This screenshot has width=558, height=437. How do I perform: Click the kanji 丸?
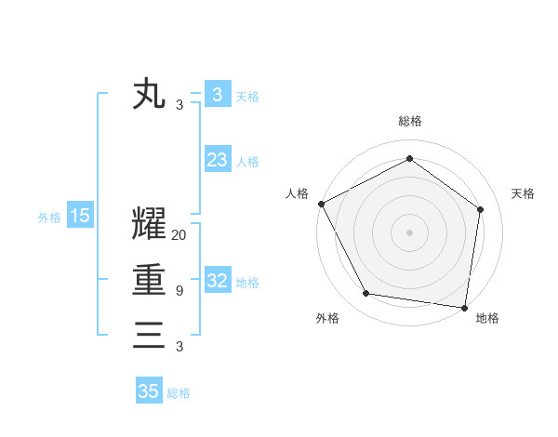(x=149, y=94)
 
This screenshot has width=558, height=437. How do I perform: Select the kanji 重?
(x=149, y=280)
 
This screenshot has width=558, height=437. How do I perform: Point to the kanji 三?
(x=149, y=335)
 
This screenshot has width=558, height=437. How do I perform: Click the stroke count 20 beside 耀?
(x=179, y=235)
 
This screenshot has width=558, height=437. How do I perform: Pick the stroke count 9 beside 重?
(x=179, y=291)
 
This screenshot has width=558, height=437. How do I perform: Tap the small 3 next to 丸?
(x=179, y=105)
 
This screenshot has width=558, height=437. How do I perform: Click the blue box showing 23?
(x=217, y=160)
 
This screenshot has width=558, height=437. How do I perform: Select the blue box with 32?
(x=217, y=281)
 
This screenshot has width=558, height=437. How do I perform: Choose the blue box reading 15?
(x=80, y=217)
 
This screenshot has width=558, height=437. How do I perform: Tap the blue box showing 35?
(x=148, y=391)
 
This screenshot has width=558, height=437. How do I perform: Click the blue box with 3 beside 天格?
(x=217, y=95)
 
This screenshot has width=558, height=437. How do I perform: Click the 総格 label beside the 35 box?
(x=179, y=393)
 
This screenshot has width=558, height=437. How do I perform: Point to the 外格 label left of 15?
(x=49, y=218)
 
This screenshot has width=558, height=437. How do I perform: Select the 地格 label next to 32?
(x=247, y=282)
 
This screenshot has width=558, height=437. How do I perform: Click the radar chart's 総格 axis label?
(x=410, y=121)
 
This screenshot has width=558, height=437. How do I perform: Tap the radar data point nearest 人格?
(x=321, y=204)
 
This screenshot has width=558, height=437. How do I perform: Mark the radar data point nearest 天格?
(x=481, y=209)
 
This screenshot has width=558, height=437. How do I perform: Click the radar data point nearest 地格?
(x=465, y=307)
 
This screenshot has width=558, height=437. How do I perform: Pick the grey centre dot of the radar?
(x=410, y=232)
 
